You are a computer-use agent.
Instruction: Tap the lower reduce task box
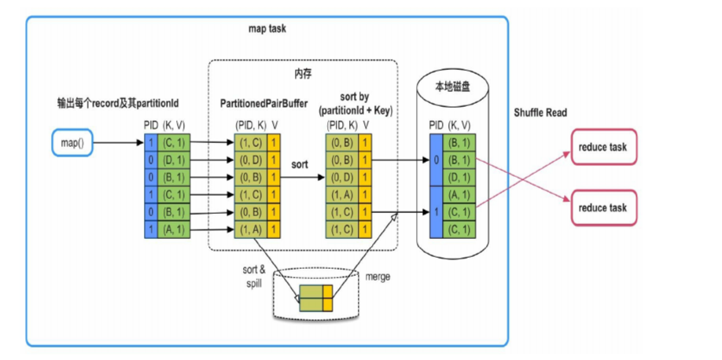602,208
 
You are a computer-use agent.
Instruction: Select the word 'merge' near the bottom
378,277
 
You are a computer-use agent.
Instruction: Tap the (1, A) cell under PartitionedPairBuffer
252,229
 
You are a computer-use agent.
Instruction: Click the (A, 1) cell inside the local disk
459,194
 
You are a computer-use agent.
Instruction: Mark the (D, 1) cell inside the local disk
459,177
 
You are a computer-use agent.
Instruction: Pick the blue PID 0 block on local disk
437,160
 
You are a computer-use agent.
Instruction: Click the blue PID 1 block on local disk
437,211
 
